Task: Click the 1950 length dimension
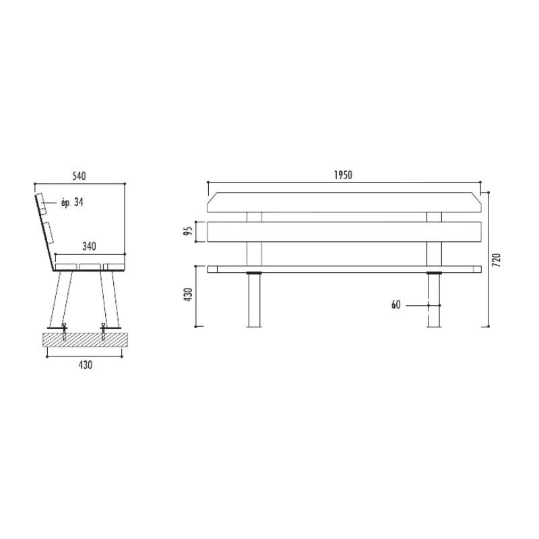click(x=343, y=175)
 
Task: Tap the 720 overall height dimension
click(x=497, y=260)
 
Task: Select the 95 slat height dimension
click(x=188, y=231)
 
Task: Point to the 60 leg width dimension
click(x=396, y=305)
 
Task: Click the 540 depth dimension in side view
click(x=79, y=176)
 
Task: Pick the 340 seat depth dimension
click(x=89, y=246)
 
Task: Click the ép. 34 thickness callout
click(x=72, y=202)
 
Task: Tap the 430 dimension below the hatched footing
click(x=86, y=364)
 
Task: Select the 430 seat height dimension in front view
click(x=189, y=295)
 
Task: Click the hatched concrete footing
click(x=85, y=340)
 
